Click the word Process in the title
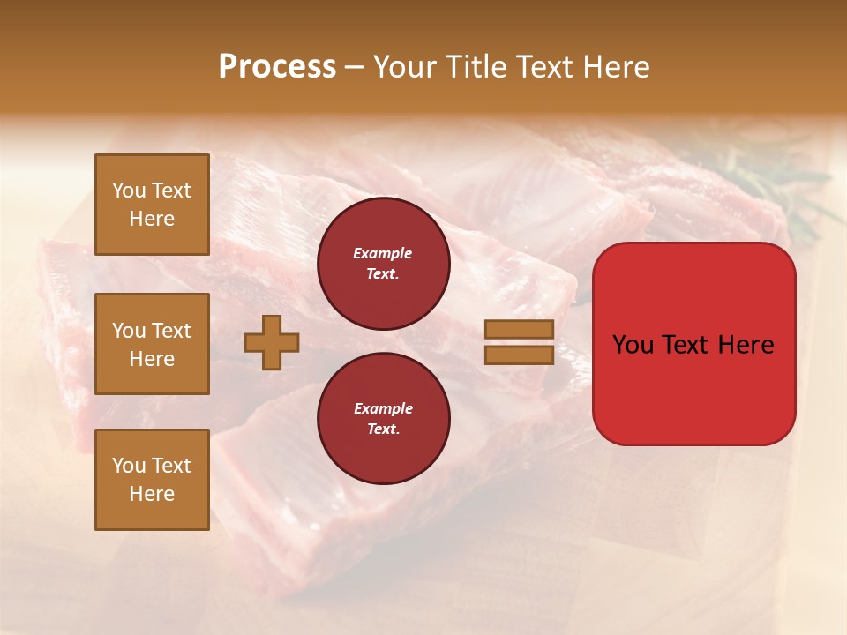click(277, 67)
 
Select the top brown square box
click(152, 205)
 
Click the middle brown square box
click(152, 344)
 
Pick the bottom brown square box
click(152, 480)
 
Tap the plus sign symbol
click(272, 342)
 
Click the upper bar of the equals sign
click(520, 330)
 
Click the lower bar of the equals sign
click(520, 355)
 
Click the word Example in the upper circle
click(382, 253)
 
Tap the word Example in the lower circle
click(383, 408)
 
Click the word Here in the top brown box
click(152, 219)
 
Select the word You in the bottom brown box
click(129, 466)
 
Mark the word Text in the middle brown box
click(171, 331)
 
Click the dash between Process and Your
click(355, 67)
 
